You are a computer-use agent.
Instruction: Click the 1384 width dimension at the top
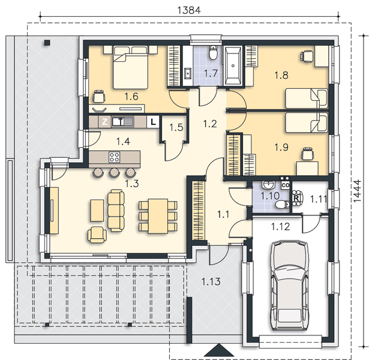click(x=188, y=10)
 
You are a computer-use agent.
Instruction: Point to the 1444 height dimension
click(x=358, y=192)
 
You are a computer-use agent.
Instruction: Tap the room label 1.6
click(x=132, y=95)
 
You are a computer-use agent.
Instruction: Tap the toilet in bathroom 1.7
click(x=212, y=55)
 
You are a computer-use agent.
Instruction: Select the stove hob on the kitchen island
click(x=113, y=158)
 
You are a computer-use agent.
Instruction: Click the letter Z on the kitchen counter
click(x=104, y=121)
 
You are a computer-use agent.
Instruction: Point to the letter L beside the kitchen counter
click(x=154, y=121)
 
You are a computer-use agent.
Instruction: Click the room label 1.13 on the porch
click(x=211, y=281)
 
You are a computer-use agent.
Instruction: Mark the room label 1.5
click(x=175, y=127)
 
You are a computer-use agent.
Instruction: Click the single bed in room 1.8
click(x=306, y=97)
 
